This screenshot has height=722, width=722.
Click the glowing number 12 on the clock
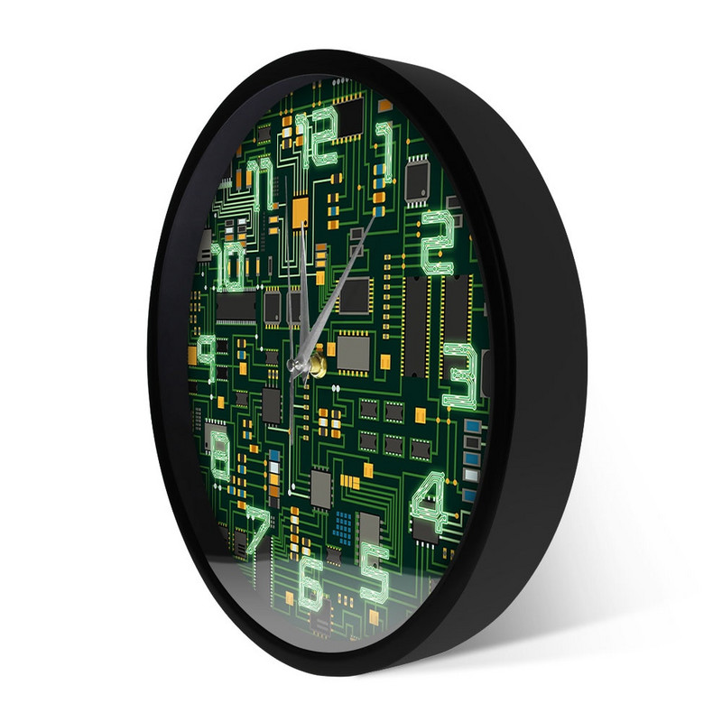point(317,137)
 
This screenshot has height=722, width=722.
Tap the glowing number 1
point(385,151)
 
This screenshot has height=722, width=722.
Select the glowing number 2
point(437,243)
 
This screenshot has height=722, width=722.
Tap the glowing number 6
point(310,581)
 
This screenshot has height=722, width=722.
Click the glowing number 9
point(208,356)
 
